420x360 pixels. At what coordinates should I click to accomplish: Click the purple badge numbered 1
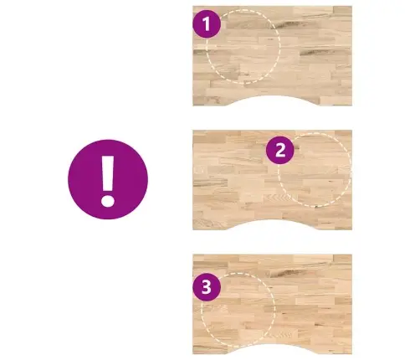coord(207,23)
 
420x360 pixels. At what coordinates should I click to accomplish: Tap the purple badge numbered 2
coord(280,150)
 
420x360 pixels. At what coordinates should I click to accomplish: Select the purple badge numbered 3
coord(207,287)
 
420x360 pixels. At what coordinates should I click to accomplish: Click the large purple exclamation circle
coord(108,179)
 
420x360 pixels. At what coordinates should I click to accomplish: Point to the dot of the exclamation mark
coord(108,201)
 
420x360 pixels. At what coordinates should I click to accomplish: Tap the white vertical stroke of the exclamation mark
coord(108,173)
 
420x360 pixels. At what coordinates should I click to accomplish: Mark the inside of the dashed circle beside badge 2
coord(315,170)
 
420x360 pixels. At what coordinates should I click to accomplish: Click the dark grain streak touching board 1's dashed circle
coord(287,25)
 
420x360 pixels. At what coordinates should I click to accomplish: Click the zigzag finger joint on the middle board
coord(279,198)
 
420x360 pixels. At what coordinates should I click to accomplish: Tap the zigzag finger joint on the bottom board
coord(281,334)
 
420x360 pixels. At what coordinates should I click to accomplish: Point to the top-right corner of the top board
coord(352,6)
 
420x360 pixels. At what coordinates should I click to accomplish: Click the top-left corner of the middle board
coord(192,130)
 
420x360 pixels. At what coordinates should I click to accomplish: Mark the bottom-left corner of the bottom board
coord(192,354)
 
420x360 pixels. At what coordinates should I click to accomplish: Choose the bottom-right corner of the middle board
coord(352,229)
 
